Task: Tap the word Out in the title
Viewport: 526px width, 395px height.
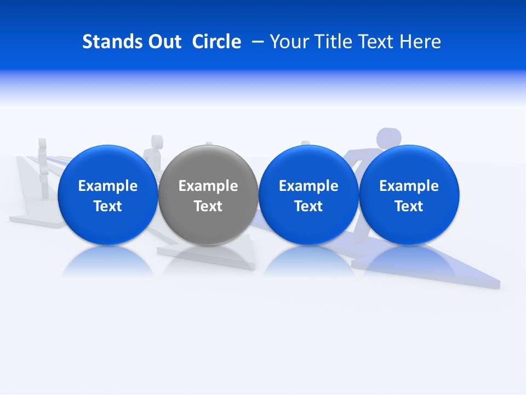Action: click(x=163, y=42)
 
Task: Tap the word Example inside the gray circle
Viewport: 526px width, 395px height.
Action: click(x=208, y=186)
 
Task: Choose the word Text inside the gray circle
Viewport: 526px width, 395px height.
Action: click(x=208, y=206)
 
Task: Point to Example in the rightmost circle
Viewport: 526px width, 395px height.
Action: click(x=409, y=186)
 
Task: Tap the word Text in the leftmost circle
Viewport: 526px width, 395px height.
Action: click(x=108, y=206)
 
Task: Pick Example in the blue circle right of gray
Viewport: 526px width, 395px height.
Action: click(x=308, y=186)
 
